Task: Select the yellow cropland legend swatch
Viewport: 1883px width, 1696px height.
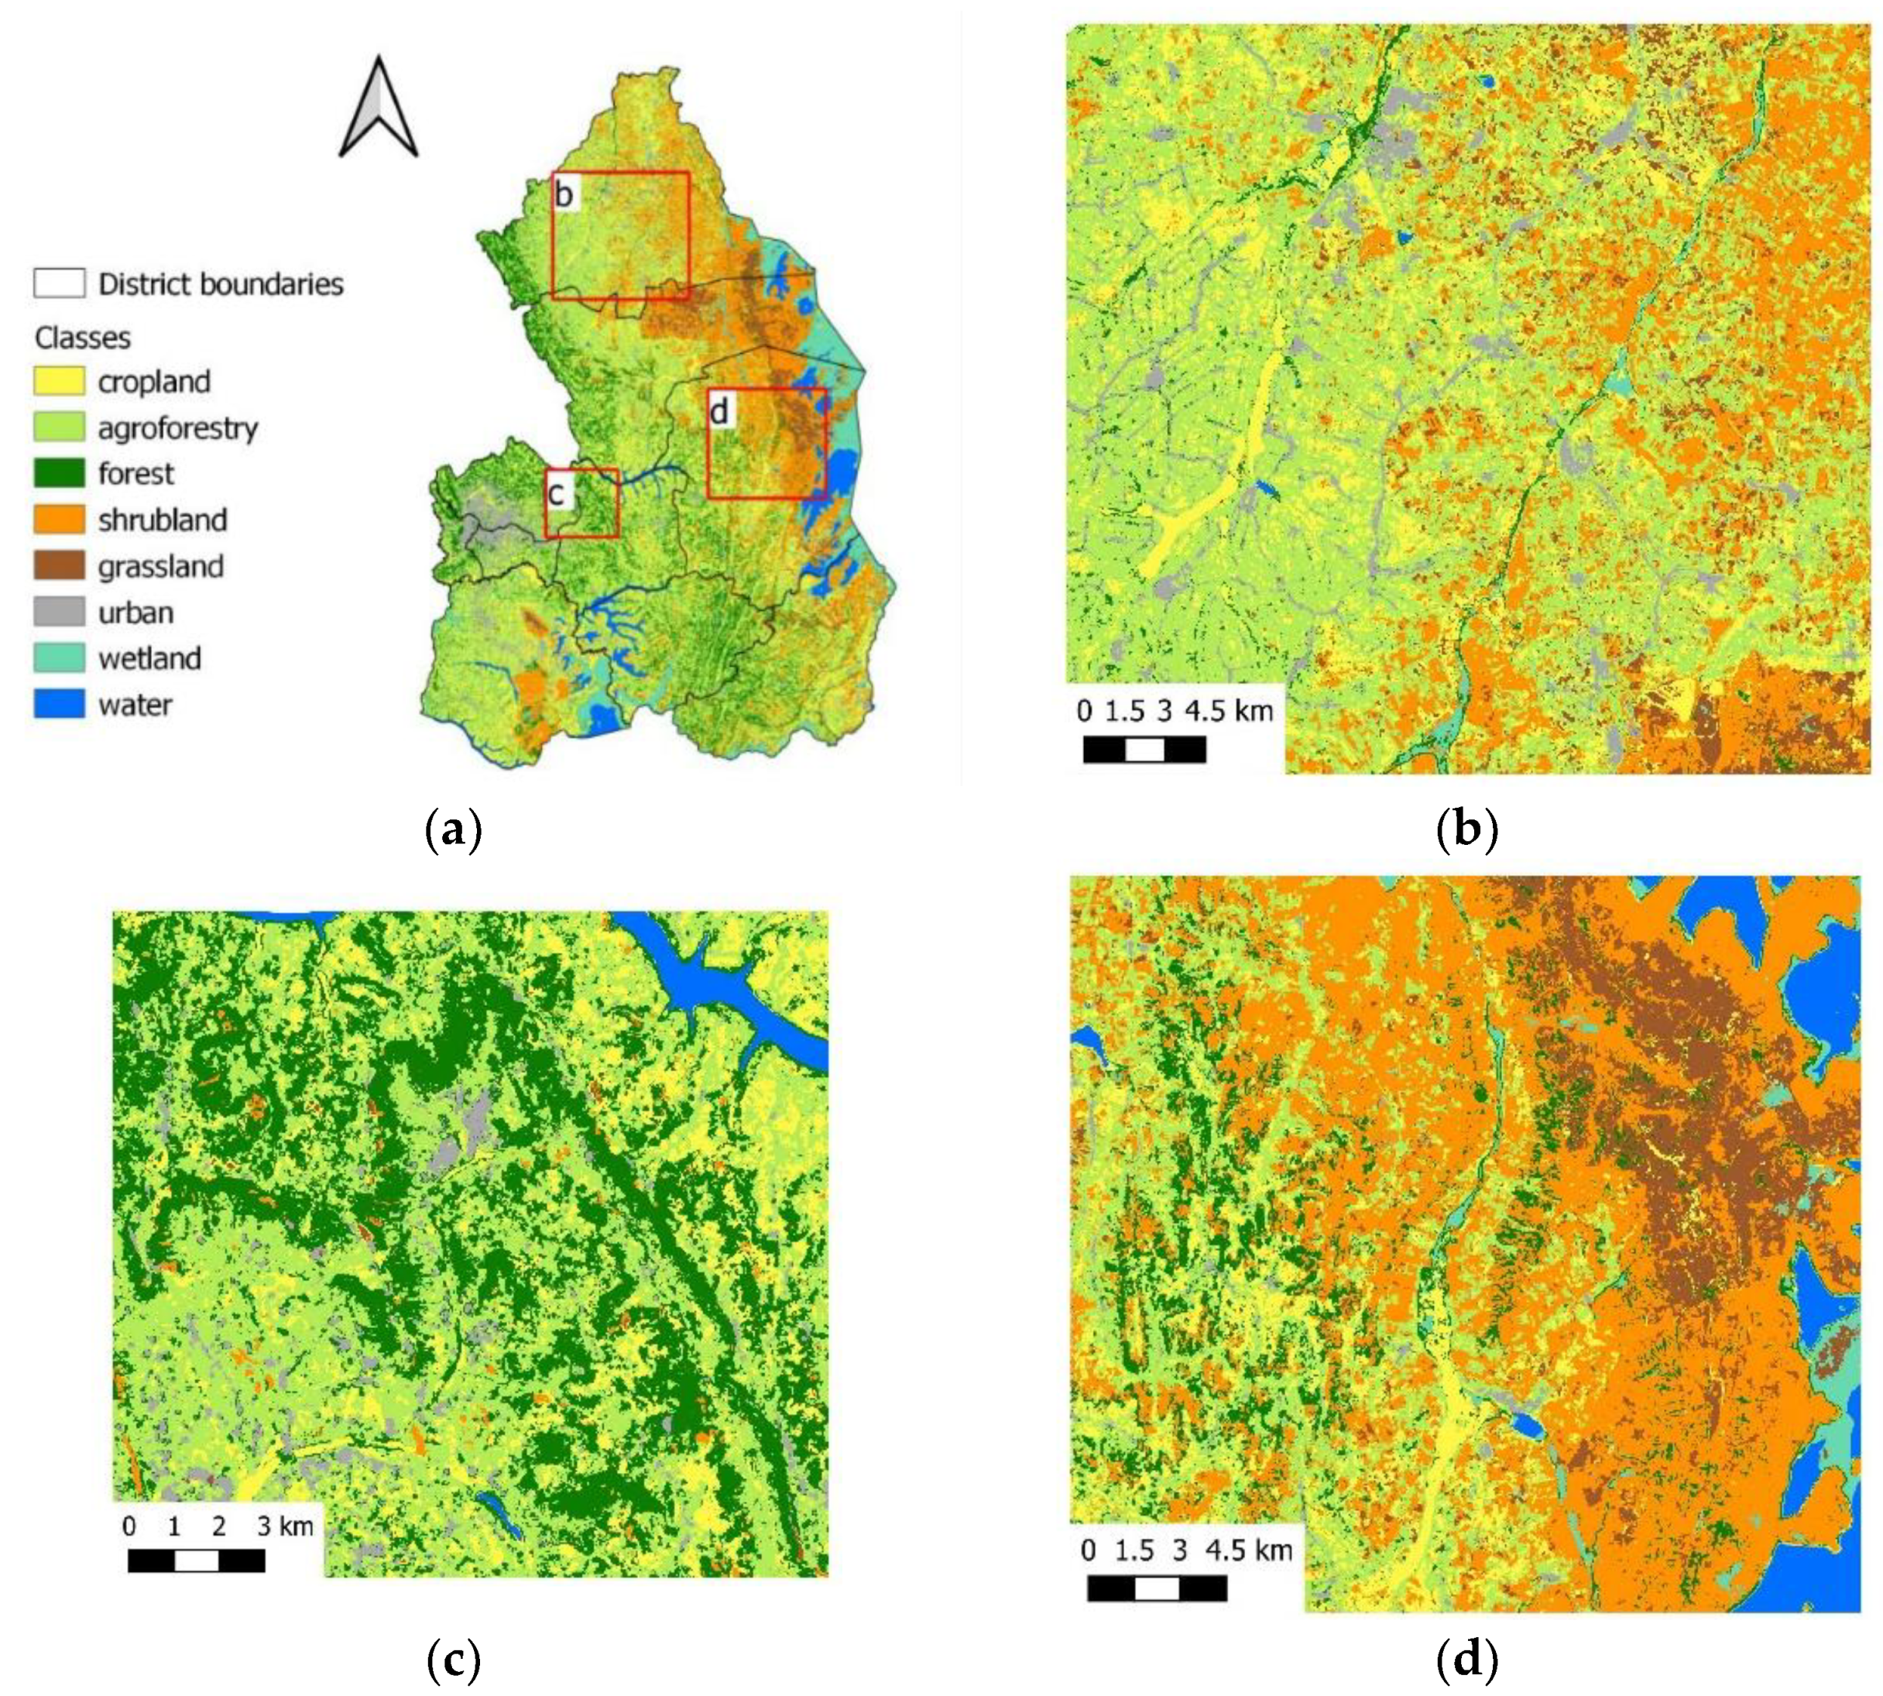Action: pyautogui.click(x=59, y=381)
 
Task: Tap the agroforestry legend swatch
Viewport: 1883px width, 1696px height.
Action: pyautogui.click(x=59, y=427)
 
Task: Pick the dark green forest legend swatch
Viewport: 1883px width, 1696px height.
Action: pyautogui.click(x=59, y=473)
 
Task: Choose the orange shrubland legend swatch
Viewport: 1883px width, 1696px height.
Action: pyautogui.click(x=59, y=519)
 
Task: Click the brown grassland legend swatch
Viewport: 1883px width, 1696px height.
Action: pyautogui.click(x=59, y=565)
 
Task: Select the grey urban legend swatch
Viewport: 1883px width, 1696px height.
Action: pyautogui.click(x=59, y=611)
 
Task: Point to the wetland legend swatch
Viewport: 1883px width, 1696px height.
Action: pyautogui.click(x=59, y=658)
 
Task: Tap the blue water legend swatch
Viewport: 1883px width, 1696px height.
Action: pyautogui.click(x=59, y=703)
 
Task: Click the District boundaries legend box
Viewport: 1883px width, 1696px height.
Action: pyautogui.click(x=59, y=283)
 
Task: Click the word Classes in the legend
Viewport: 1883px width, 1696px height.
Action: pyautogui.click(x=83, y=338)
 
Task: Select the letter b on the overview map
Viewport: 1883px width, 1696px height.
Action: pyautogui.click(x=564, y=194)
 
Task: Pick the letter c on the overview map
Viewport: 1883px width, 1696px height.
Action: pyautogui.click(x=556, y=493)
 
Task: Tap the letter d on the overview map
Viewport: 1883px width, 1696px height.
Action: pyautogui.click(x=719, y=410)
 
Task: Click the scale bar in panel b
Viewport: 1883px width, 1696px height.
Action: pyautogui.click(x=1144, y=749)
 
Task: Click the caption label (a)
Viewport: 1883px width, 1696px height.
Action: pyautogui.click(x=453, y=829)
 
